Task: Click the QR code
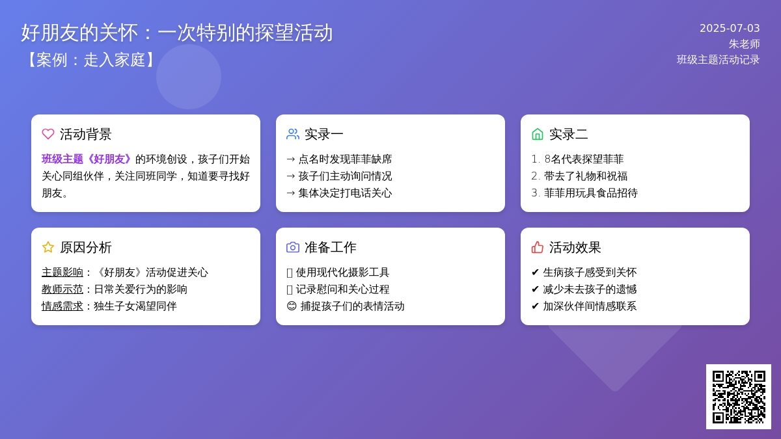click(x=739, y=397)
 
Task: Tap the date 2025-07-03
click(x=730, y=28)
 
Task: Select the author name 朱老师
click(x=745, y=44)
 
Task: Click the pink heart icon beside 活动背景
click(x=48, y=134)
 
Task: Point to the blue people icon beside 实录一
click(x=293, y=134)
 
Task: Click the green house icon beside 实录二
click(x=538, y=134)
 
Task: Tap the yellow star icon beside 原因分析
click(x=48, y=247)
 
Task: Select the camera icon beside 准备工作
click(x=293, y=247)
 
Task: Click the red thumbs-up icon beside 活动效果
click(x=538, y=247)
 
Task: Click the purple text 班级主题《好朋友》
click(x=87, y=159)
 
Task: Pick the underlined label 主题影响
click(x=62, y=273)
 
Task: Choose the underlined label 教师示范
click(x=62, y=289)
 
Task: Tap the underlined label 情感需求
click(x=62, y=306)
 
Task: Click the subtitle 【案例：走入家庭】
click(x=90, y=60)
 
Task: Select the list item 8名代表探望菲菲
click(x=584, y=159)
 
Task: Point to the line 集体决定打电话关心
click(x=345, y=193)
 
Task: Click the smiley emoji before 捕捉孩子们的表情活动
click(x=292, y=306)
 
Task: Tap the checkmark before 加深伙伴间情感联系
click(x=535, y=306)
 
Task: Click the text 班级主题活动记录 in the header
click(x=719, y=60)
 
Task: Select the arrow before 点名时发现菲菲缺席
click(x=291, y=159)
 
